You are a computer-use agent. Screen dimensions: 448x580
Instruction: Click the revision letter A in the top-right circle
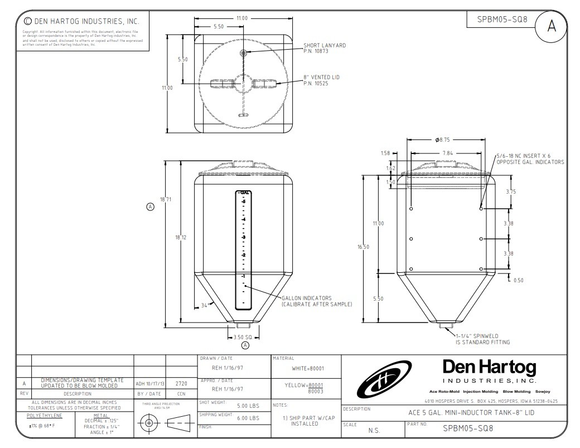tap(552, 27)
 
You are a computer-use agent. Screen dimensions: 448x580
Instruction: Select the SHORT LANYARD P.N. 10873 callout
tap(324, 48)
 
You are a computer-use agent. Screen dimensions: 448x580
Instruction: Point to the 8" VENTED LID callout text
tap(322, 80)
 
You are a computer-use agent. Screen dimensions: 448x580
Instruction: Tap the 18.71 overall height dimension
tap(165, 200)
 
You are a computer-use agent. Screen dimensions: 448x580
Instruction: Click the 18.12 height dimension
tap(180, 238)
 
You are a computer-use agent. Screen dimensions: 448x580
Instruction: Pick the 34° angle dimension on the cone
tap(205, 305)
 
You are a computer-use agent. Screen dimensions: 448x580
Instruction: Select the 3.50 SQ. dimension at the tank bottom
tap(241, 337)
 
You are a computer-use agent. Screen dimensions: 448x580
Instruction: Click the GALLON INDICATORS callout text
tap(316, 301)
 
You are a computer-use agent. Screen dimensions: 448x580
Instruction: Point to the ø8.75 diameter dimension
tap(442, 140)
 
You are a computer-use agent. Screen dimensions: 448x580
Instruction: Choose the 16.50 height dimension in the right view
tap(363, 247)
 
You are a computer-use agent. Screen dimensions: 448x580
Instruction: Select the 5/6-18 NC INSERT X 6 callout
tap(530, 159)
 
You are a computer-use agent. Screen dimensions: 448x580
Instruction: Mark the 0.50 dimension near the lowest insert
tap(518, 280)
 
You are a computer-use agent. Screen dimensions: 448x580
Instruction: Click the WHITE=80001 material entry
tap(308, 368)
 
